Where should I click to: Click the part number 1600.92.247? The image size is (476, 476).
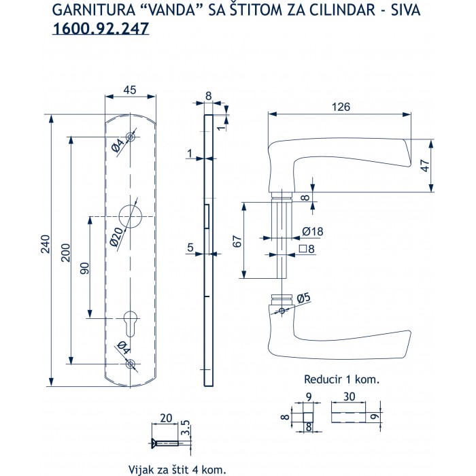(x=100, y=29)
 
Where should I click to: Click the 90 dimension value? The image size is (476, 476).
(x=84, y=267)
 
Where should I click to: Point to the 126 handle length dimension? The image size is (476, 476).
(x=341, y=106)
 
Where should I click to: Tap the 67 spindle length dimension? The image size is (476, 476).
(x=237, y=241)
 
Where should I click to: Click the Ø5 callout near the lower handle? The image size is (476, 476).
(x=303, y=297)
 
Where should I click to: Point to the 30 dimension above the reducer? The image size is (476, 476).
(x=351, y=396)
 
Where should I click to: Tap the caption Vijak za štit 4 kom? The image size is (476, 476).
(x=176, y=469)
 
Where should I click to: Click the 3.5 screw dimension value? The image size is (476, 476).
(x=186, y=430)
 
